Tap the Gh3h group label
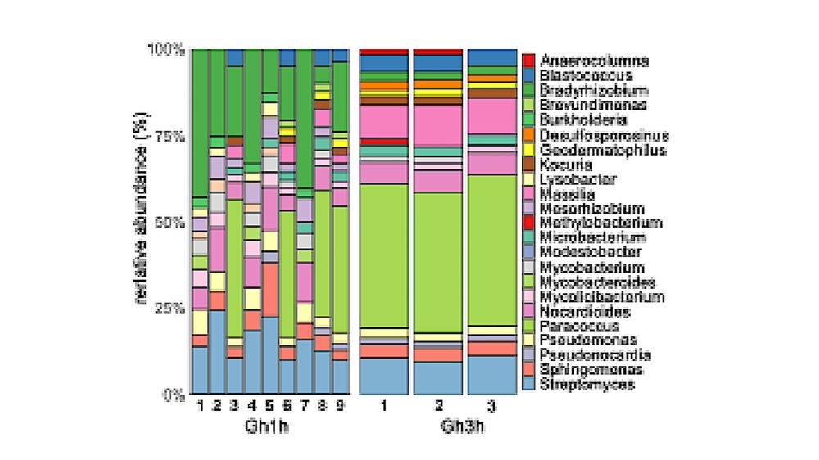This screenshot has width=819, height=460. pos(439,426)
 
